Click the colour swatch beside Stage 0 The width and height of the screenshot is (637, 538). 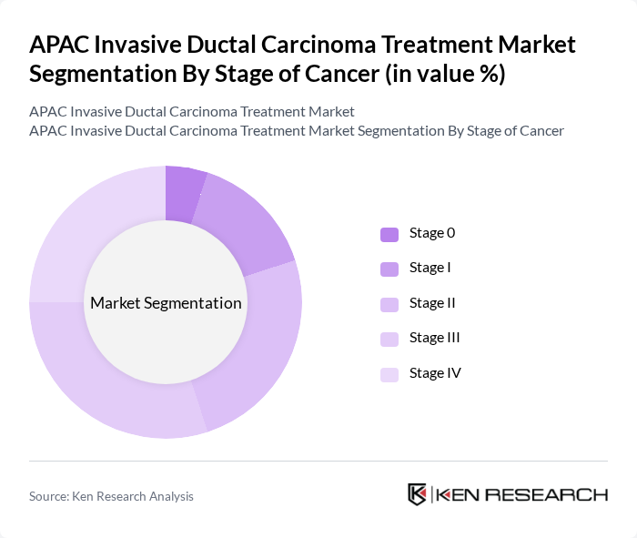point(389,234)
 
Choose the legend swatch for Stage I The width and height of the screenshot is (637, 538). point(389,269)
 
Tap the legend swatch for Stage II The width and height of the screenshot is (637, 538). point(389,303)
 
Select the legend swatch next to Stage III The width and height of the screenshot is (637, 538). point(389,339)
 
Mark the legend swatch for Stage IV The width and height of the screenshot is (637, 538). point(389,373)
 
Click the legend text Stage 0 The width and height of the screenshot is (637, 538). point(432,233)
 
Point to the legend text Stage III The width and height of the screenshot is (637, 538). point(435,338)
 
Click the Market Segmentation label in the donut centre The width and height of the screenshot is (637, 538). point(166,303)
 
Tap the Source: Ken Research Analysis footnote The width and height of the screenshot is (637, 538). point(111,496)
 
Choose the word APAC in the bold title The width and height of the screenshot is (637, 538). point(62,45)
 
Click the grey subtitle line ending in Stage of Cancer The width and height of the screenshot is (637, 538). point(297,131)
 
